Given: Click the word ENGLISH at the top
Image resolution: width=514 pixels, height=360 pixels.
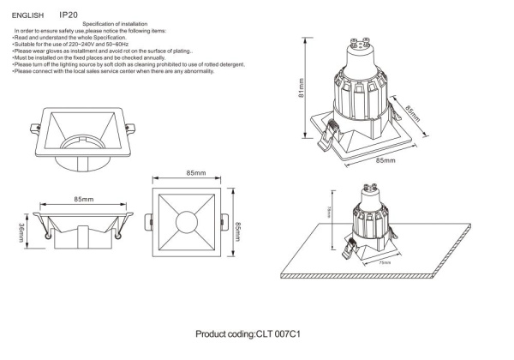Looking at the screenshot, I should (x=27, y=15).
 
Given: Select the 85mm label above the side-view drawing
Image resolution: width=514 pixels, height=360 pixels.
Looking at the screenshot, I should (x=83, y=199).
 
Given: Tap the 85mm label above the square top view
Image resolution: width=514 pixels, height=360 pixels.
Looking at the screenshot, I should (x=195, y=173).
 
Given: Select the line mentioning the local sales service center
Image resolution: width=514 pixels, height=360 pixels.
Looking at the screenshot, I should (x=112, y=70).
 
